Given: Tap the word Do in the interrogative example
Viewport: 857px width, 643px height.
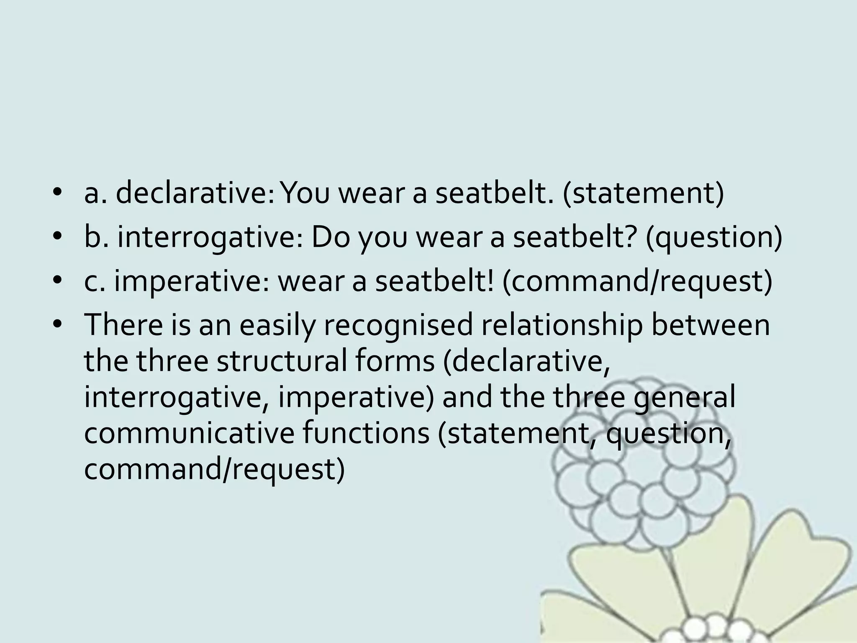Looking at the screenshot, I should [330, 238].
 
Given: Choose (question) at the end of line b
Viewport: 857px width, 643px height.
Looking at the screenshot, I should [713, 238].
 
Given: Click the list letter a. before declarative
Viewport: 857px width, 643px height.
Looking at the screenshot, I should [96, 194].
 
